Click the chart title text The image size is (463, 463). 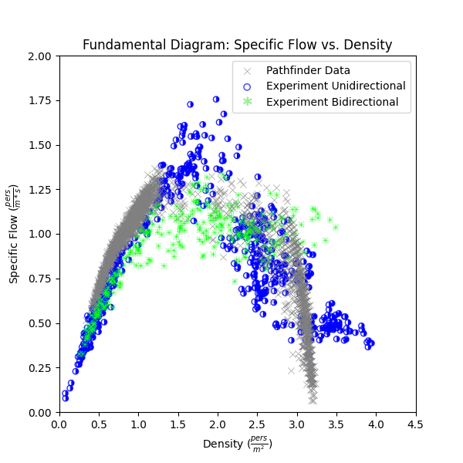(x=237, y=45)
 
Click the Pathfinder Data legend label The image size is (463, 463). (x=308, y=70)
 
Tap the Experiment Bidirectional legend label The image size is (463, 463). (x=333, y=102)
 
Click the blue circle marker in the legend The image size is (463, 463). (x=248, y=86)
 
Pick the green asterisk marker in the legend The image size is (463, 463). (x=248, y=102)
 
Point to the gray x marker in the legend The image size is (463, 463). (x=248, y=71)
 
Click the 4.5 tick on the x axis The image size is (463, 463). (x=416, y=424)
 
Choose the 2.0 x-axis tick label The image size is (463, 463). (x=218, y=424)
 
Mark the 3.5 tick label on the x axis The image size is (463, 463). (x=336, y=424)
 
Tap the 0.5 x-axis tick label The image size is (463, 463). (x=99, y=424)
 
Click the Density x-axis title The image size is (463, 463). (x=237, y=444)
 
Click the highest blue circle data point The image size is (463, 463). (x=216, y=100)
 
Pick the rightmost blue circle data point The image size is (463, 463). (x=371, y=343)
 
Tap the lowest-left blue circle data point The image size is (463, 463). (x=66, y=398)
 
